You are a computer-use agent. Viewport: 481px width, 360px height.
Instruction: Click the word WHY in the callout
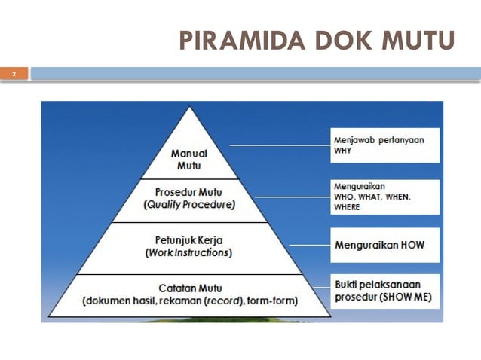pos(343,150)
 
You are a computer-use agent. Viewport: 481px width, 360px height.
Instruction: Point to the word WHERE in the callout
pos(347,207)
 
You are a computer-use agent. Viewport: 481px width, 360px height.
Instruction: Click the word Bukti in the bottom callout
pos(346,284)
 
